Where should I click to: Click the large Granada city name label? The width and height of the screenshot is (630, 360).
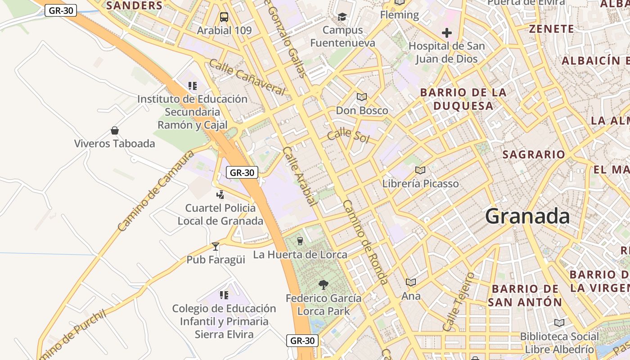(x=527, y=216)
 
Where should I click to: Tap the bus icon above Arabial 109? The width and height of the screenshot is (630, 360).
(x=224, y=17)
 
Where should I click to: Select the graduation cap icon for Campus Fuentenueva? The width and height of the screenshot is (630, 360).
(x=342, y=17)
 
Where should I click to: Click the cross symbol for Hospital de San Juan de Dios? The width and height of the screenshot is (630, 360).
(x=446, y=33)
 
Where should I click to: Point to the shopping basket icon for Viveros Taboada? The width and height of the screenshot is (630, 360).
(x=115, y=130)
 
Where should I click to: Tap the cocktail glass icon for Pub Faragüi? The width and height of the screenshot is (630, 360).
(x=216, y=246)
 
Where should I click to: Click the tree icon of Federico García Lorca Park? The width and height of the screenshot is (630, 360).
(x=323, y=284)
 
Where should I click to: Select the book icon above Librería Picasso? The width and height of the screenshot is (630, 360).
(x=420, y=170)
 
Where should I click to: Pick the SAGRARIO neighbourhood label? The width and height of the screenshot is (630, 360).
(x=533, y=154)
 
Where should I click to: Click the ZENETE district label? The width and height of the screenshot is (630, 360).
(x=551, y=29)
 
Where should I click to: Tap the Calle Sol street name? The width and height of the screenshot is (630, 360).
(x=348, y=135)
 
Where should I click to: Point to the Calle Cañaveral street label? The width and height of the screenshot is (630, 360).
(x=247, y=77)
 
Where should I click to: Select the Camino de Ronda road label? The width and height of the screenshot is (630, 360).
(x=365, y=242)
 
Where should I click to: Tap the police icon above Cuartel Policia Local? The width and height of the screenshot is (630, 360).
(x=220, y=194)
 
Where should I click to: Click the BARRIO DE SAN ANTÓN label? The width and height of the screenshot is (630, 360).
(x=525, y=295)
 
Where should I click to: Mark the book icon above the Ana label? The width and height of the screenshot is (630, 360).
(x=410, y=282)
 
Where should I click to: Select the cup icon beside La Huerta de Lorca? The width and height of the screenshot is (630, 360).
(x=300, y=241)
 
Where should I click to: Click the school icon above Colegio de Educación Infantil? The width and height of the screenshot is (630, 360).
(x=224, y=295)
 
